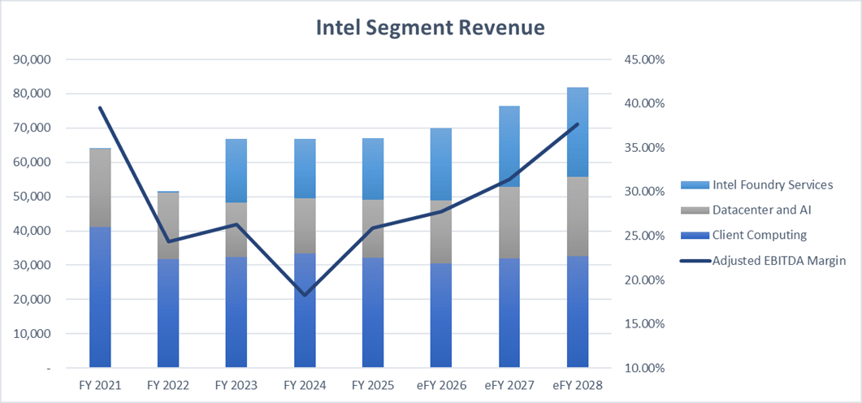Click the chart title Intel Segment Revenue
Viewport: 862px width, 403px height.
coord(430,28)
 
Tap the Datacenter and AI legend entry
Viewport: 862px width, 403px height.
coord(761,210)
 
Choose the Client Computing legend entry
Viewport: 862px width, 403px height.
coord(759,235)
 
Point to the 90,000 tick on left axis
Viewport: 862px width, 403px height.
coord(32,59)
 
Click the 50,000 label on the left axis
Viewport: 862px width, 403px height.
coord(32,197)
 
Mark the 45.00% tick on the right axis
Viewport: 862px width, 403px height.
coord(643,59)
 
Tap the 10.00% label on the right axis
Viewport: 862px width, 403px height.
coord(643,368)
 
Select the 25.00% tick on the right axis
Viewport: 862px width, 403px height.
coord(643,236)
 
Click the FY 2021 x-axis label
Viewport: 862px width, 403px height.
coord(101,385)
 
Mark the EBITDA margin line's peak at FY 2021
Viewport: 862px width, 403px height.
coord(101,108)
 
